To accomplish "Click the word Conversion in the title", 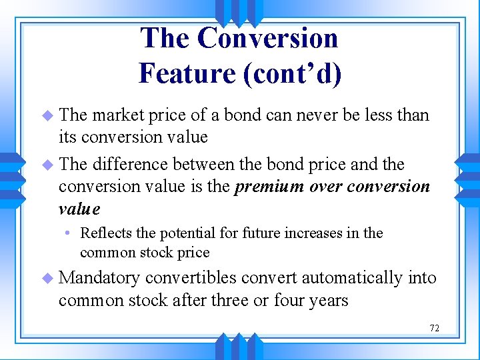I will [267, 38].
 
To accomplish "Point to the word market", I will [117, 115].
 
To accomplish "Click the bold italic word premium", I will [269, 187].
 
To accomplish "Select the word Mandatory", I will [99, 278].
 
